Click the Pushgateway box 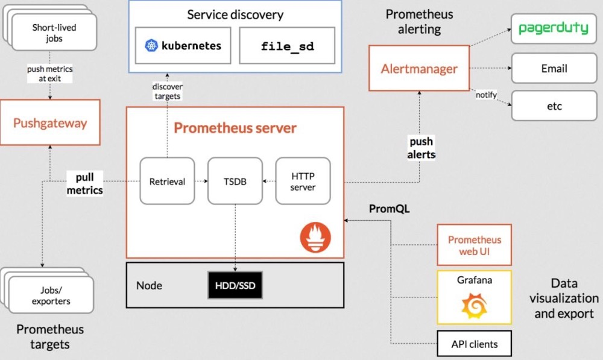(x=50, y=122)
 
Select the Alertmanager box (x=419, y=68)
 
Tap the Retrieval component (x=167, y=181)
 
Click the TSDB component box (x=235, y=181)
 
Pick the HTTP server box (x=303, y=181)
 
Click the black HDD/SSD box (x=235, y=285)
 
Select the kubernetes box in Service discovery (x=183, y=45)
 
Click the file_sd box (x=287, y=45)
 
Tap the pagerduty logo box (x=554, y=28)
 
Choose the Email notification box (x=554, y=68)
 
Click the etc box (x=554, y=106)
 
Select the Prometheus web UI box (x=474, y=245)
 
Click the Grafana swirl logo (x=474, y=305)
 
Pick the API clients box (x=474, y=344)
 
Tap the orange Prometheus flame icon (x=315, y=238)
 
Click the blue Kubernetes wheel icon (x=151, y=45)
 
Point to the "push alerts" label (x=421, y=148)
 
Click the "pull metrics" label (x=84, y=183)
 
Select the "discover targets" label (x=167, y=91)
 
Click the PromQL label (x=389, y=209)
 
